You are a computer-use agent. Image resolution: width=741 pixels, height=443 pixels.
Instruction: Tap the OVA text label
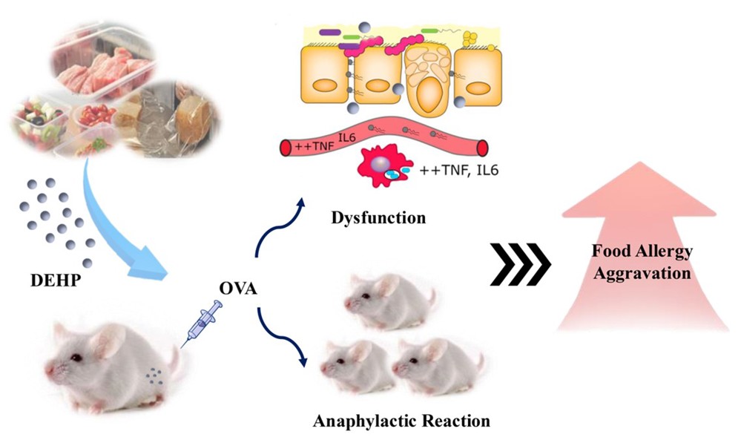coord(239,289)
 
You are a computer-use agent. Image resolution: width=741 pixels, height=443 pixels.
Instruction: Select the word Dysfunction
coord(379,218)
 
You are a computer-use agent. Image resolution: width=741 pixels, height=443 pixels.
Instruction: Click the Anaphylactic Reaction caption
coord(401,421)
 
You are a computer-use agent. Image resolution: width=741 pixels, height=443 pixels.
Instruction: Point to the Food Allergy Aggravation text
coord(644,261)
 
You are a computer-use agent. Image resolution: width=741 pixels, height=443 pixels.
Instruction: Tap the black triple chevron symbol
coord(521,263)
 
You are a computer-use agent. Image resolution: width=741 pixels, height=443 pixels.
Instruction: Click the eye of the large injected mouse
coord(76,358)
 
